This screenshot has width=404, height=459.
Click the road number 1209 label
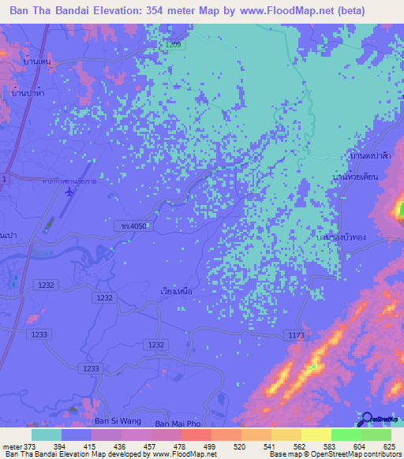(173, 45)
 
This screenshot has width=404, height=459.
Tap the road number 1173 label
(296, 336)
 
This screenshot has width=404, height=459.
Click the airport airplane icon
(75, 192)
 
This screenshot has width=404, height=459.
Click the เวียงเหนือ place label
(170, 291)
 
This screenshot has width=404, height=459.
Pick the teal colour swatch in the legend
(46, 435)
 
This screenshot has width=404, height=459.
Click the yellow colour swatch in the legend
(316, 435)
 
